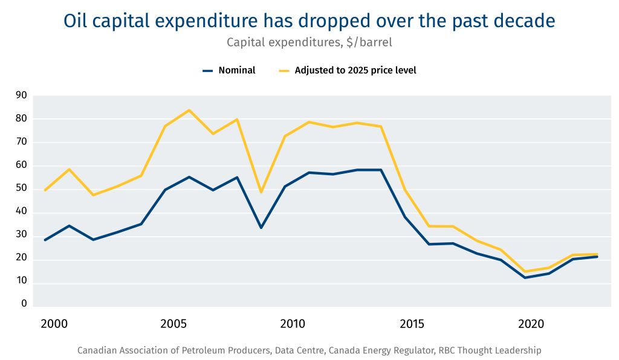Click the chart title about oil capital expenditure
point(309,21)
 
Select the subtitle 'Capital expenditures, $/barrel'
point(309,42)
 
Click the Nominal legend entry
point(229,70)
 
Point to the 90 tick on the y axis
point(21,95)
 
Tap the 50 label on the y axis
point(21,188)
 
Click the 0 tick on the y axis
point(24,304)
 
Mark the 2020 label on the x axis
point(531,324)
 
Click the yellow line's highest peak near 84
point(189,110)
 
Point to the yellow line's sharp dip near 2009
point(261,192)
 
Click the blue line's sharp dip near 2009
point(261,228)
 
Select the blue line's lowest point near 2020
point(525,278)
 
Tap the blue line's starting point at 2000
point(45,240)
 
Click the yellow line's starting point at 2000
point(45,190)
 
